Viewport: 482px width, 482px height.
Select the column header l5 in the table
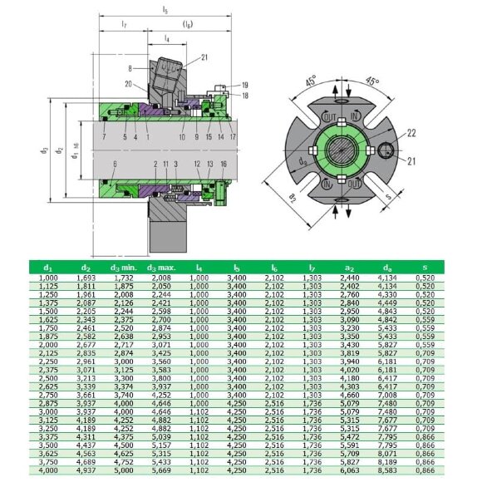point(236,267)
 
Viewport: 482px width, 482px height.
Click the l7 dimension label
point(123,25)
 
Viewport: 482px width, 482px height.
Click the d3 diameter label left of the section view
point(43,150)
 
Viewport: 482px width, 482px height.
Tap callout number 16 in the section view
point(224,165)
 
